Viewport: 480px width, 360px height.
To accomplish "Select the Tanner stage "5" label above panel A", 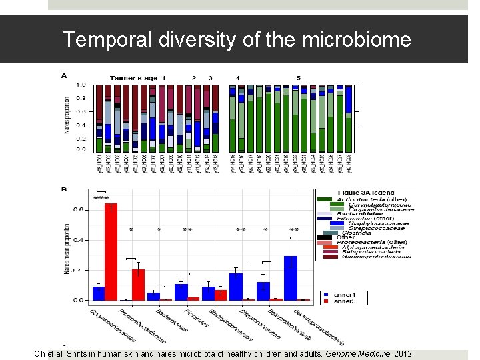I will click(298, 78).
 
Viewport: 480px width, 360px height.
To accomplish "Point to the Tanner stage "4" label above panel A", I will click(238, 78).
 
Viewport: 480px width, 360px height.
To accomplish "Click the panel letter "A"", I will click(64, 76).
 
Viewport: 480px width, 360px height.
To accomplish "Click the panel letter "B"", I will click(64, 190).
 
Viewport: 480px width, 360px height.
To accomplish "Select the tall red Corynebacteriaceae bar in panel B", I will click(111, 252).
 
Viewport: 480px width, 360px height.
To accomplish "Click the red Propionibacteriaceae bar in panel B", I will click(138, 285).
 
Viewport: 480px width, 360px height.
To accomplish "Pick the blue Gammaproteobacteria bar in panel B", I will click(290, 278).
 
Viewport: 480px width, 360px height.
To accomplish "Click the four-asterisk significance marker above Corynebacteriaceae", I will click(101, 198).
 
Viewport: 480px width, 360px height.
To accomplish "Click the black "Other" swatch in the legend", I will click(325, 237).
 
